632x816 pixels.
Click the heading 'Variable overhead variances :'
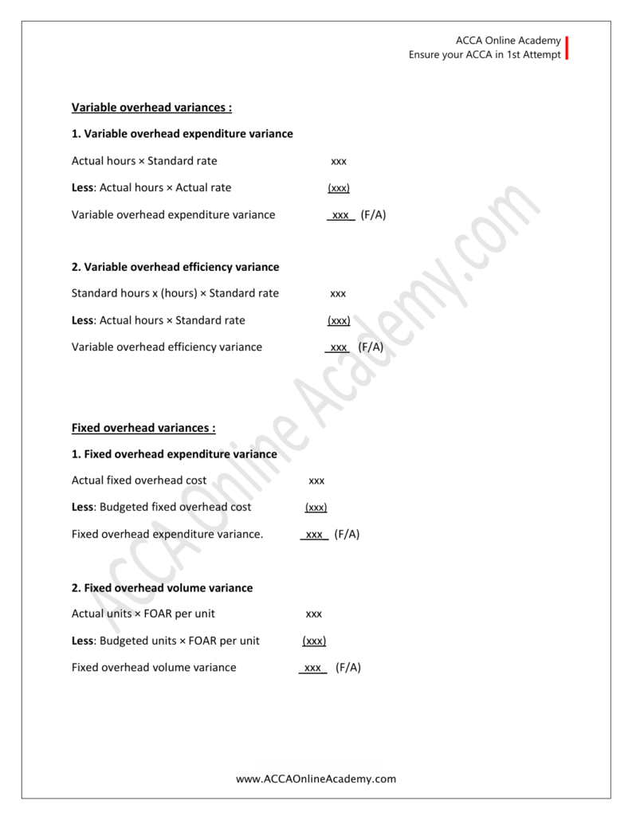click(x=151, y=108)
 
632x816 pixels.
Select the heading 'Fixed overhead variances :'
click(x=143, y=428)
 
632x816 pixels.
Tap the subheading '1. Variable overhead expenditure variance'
click(x=183, y=134)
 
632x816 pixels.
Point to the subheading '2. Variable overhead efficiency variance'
click(x=175, y=267)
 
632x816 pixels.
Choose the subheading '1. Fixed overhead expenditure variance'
click(x=175, y=454)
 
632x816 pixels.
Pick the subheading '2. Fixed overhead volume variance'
click(x=162, y=588)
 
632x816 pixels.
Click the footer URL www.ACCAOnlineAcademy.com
click(x=316, y=779)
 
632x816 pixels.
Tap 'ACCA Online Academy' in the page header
click(x=508, y=41)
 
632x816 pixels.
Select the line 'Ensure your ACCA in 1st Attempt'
click(x=485, y=55)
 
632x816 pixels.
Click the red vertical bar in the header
click(x=567, y=48)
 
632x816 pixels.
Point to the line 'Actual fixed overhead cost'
click(x=139, y=481)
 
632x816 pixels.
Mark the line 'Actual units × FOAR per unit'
click(x=143, y=614)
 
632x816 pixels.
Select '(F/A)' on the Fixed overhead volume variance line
click(x=348, y=668)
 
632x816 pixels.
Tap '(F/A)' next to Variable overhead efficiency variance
click(x=371, y=347)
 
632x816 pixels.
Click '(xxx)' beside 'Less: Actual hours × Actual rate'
click(x=339, y=188)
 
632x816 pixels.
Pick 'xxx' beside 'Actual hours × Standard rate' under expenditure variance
click(x=339, y=162)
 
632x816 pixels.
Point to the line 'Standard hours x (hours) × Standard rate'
click(x=175, y=293)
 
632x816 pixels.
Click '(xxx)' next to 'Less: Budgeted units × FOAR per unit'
click(x=314, y=641)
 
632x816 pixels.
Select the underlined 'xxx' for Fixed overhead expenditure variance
click(x=314, y=535)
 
